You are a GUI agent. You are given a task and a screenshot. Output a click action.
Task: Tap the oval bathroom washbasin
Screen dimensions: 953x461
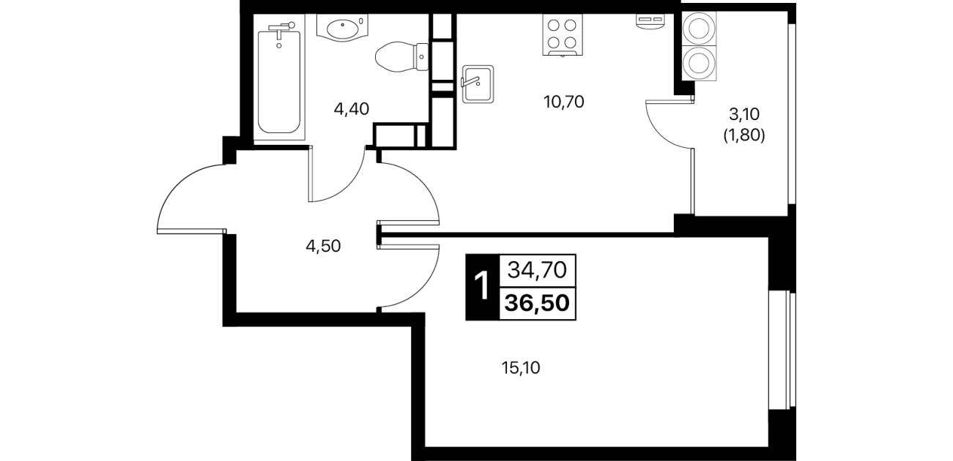(x=343, y=28)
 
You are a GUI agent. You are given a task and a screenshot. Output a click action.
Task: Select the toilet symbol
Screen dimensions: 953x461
(x=401, y=57)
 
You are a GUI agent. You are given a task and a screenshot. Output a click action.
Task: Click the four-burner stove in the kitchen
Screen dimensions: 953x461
(x=562, y=35)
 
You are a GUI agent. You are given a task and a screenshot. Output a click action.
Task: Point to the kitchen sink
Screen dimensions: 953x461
(x=478, y=84)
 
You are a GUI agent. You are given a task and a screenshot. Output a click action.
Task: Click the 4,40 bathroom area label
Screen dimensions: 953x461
(x=351, y=110)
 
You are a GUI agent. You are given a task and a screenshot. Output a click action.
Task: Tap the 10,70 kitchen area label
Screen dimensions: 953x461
(x=564, y=102)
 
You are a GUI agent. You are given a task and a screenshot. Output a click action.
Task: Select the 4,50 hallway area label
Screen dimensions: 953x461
(x=323, y=246)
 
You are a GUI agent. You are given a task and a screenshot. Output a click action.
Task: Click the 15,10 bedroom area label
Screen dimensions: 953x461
(x=521, y=368)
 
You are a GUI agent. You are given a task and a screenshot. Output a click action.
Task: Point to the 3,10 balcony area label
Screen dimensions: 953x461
(x=744, y=114)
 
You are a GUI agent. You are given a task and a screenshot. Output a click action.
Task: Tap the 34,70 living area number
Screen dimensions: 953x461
(x=538, y=270)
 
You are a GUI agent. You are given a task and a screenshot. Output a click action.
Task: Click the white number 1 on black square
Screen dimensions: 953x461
(x=483, y=287)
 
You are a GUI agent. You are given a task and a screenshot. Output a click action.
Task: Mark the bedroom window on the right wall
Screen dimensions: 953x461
(x=782, y=350)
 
